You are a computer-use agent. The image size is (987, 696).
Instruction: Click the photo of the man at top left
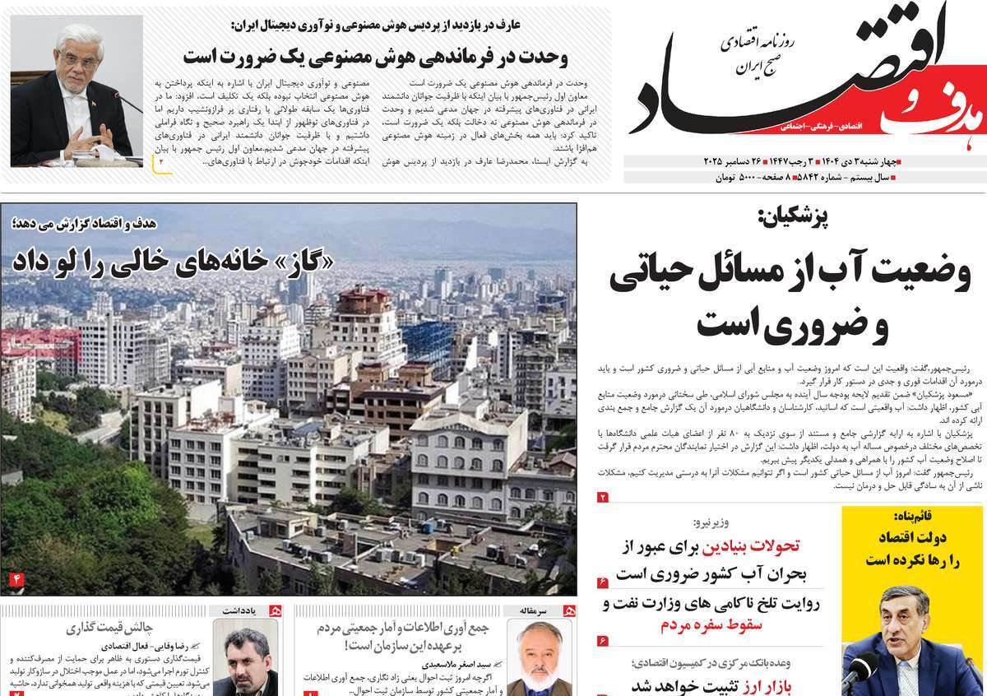(x=72, y=95)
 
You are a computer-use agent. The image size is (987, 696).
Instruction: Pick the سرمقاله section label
(x=539, y=610)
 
